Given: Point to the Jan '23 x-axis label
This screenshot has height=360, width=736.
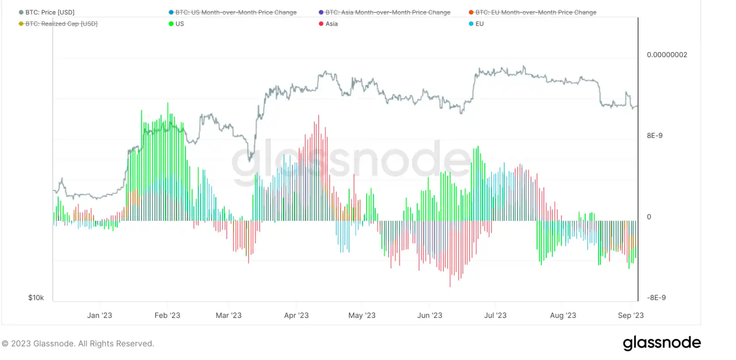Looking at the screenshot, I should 99,315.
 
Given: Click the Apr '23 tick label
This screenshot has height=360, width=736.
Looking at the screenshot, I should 296,315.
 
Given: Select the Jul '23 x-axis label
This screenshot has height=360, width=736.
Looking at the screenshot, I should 495,315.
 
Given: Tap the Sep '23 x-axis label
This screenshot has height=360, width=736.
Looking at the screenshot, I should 630,315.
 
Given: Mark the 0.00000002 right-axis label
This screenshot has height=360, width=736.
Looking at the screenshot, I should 667,55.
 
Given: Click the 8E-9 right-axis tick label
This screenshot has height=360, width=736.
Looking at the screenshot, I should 655,136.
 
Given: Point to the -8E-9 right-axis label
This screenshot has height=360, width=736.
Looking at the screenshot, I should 656,298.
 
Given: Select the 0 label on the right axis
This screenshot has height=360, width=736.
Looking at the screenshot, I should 649,217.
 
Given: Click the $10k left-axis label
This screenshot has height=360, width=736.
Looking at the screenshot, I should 36,298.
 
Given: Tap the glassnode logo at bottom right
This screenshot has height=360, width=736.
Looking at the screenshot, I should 662,343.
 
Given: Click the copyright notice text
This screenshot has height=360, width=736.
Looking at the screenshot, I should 78,343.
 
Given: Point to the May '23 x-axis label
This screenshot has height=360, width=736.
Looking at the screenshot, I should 362,315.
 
